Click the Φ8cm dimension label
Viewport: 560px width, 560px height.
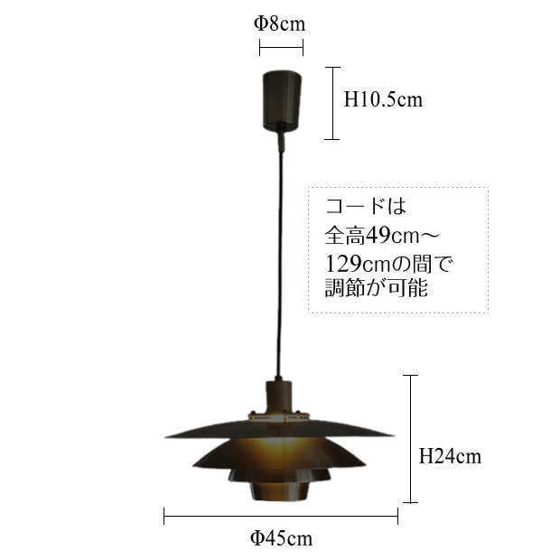(280, 23)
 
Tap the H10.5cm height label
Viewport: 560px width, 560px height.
(383, 99)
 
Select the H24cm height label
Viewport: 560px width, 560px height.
(450, 456)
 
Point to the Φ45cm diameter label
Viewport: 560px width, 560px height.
(281, 537)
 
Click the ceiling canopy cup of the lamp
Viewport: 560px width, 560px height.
(282, 101)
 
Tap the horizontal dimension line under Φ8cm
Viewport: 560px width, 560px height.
(282, 47)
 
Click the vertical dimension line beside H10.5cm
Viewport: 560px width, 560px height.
(332, 103)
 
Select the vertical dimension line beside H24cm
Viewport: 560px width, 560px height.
(411, 439)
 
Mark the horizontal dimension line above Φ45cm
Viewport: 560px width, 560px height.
(281, 516)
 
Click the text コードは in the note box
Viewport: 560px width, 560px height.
(366, 206)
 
